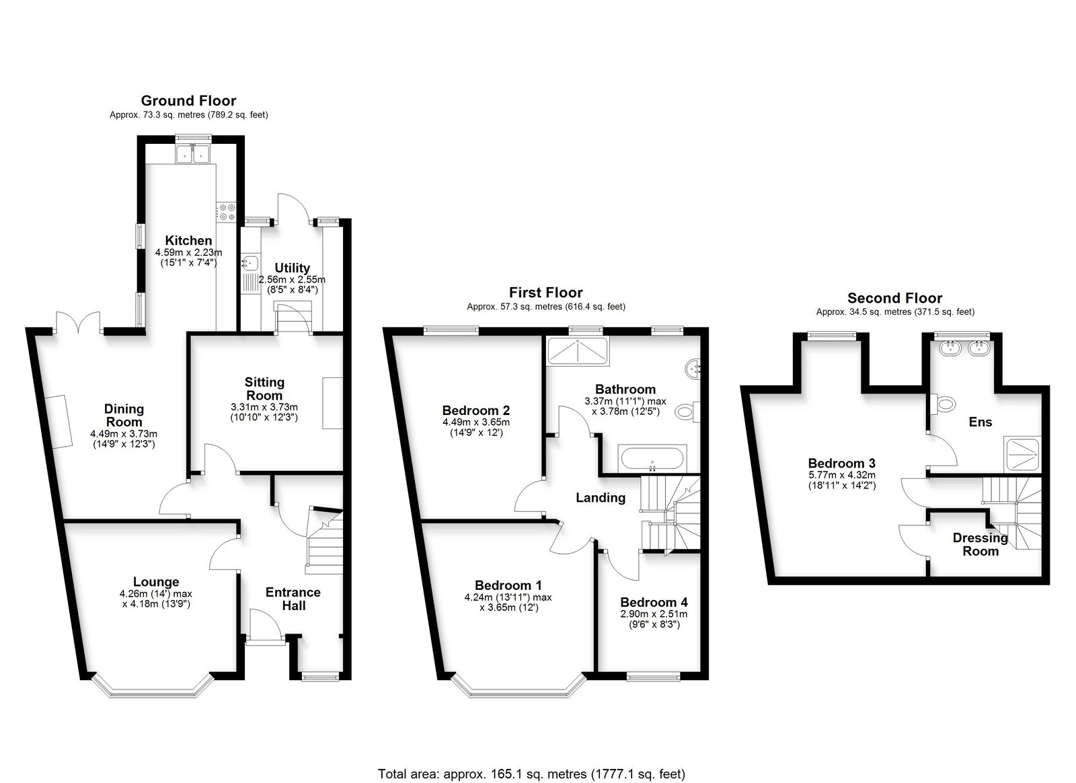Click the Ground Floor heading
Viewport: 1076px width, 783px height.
coord(188,101)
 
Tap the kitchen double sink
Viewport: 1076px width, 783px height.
coord(192,153)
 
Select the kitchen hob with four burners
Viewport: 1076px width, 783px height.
coord(226,212)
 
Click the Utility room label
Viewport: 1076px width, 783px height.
coord(292,268)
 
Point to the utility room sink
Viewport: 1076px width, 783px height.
coord(250,262)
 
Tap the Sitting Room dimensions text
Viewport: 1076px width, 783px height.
coord(264,412)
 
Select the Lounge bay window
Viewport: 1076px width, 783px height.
coord(152,685)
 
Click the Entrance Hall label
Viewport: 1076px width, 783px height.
coord(293,599)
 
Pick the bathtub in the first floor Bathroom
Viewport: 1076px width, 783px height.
coord(652,458)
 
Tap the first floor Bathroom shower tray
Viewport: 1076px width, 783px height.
coord(578,350)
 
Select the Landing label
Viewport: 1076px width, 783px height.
coord(601,498)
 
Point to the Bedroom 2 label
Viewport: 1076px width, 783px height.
coord(476,410)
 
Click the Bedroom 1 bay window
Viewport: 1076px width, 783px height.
coord(518,685)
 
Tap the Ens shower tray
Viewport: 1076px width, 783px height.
coord(1022,454)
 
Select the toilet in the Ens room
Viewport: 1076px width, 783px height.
coord(942,404)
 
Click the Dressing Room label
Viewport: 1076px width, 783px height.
coord(981,544)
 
